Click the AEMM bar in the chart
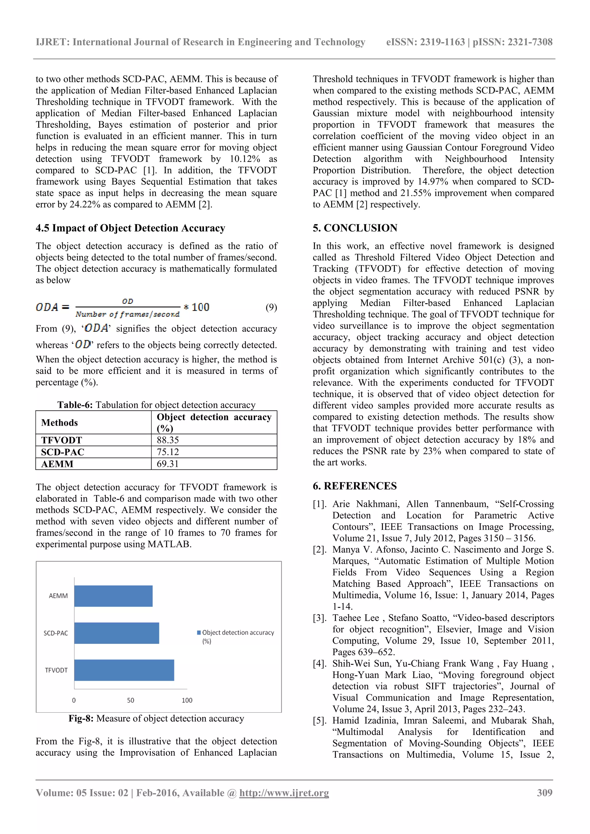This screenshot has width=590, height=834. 113,596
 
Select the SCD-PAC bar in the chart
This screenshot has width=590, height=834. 117,633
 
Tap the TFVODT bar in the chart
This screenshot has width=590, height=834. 124,670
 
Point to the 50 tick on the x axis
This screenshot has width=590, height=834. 131,700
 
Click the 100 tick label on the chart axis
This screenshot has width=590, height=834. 187,700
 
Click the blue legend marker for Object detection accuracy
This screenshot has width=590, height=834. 199,632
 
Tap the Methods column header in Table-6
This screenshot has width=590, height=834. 60,422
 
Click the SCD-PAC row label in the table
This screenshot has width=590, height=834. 63,452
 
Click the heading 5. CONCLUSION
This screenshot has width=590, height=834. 355,228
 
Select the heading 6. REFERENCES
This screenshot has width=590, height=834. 355,486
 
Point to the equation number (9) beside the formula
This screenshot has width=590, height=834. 271,307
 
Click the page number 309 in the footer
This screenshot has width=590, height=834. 544,793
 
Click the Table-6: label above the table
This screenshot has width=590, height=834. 75,405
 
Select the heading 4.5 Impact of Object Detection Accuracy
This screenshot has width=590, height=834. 131,228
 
